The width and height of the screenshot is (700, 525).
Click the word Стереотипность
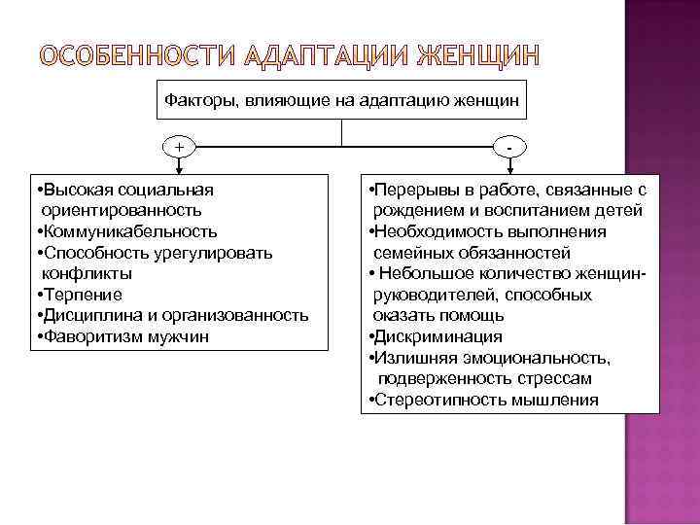[x=435, y=400]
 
